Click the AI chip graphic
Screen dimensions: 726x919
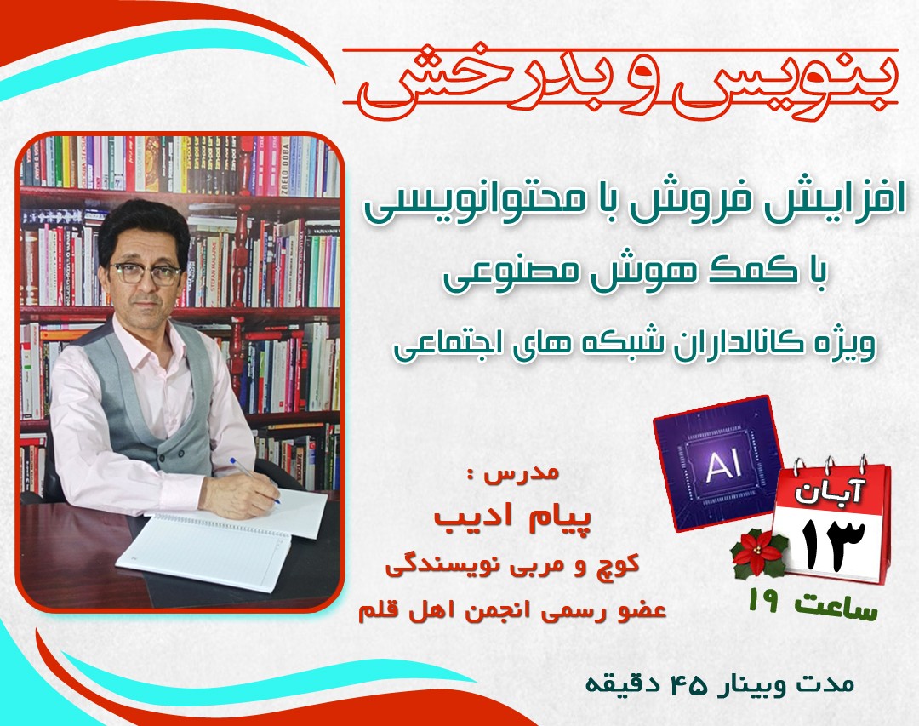717,464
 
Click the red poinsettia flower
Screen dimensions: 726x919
760,553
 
